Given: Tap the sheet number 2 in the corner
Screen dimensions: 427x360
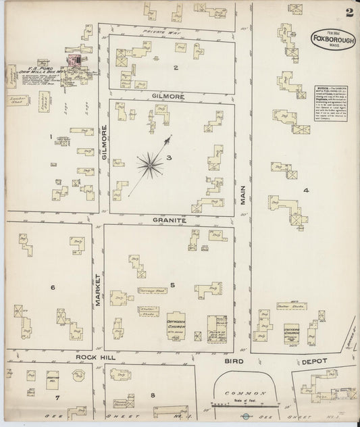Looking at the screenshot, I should point(349,11).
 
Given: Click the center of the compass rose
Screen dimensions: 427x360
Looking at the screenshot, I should point(149,162).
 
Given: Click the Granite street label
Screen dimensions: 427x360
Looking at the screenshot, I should point(168,220).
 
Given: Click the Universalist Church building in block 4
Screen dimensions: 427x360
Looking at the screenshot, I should point(292,332).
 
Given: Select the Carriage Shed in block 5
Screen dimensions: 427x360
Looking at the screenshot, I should point(153,291).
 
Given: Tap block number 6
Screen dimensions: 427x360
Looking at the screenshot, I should point(52,287).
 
